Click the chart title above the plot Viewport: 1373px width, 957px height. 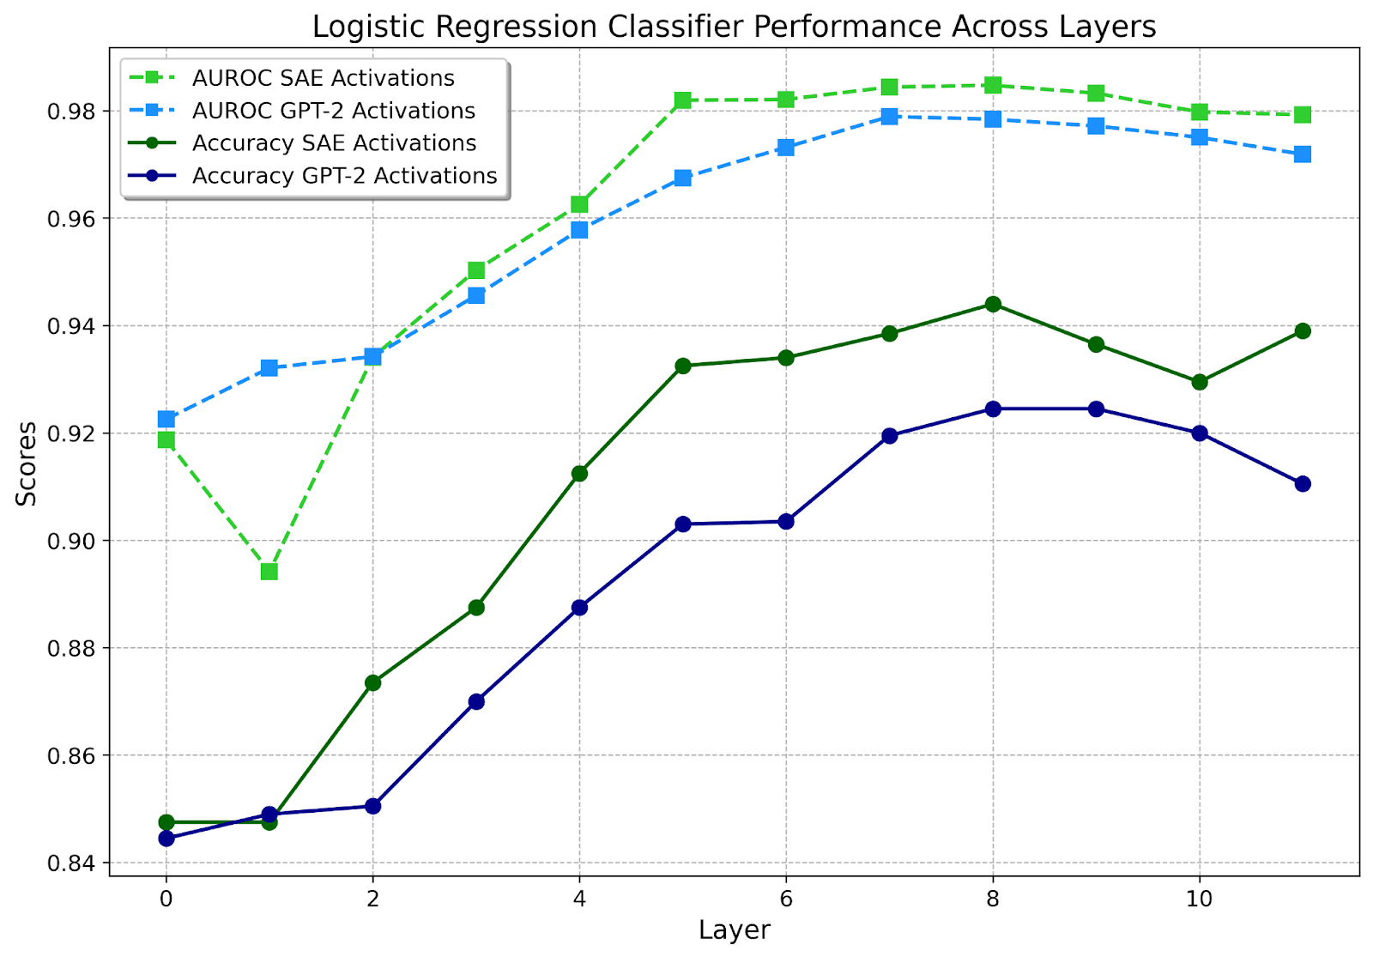[734, 27]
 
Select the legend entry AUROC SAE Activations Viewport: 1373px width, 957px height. [323, 78]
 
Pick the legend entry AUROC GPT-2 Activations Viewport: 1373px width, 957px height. [333, 111]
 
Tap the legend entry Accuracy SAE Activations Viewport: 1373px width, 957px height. [334, 143]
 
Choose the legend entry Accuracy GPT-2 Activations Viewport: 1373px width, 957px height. [344, 176]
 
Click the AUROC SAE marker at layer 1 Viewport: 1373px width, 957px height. [269, 572]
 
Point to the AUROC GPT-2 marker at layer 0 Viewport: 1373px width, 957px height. [166, 419]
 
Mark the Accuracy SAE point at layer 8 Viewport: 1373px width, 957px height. [993, 304]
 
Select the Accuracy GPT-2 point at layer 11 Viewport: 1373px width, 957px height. [1303, 484]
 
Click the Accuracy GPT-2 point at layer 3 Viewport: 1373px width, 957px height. [476, 701]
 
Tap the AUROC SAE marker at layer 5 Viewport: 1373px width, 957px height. [683, 100]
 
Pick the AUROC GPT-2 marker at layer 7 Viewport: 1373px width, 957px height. [890, 116]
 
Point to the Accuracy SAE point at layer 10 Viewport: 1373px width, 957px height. [1200, 382]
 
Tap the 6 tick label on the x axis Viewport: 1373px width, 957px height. [786, 899]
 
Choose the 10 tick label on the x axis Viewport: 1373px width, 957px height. [1200, 899]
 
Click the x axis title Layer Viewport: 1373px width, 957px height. [735, 930]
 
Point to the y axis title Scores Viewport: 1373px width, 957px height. [27, 463]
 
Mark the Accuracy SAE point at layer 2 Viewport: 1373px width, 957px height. [373, 683]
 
